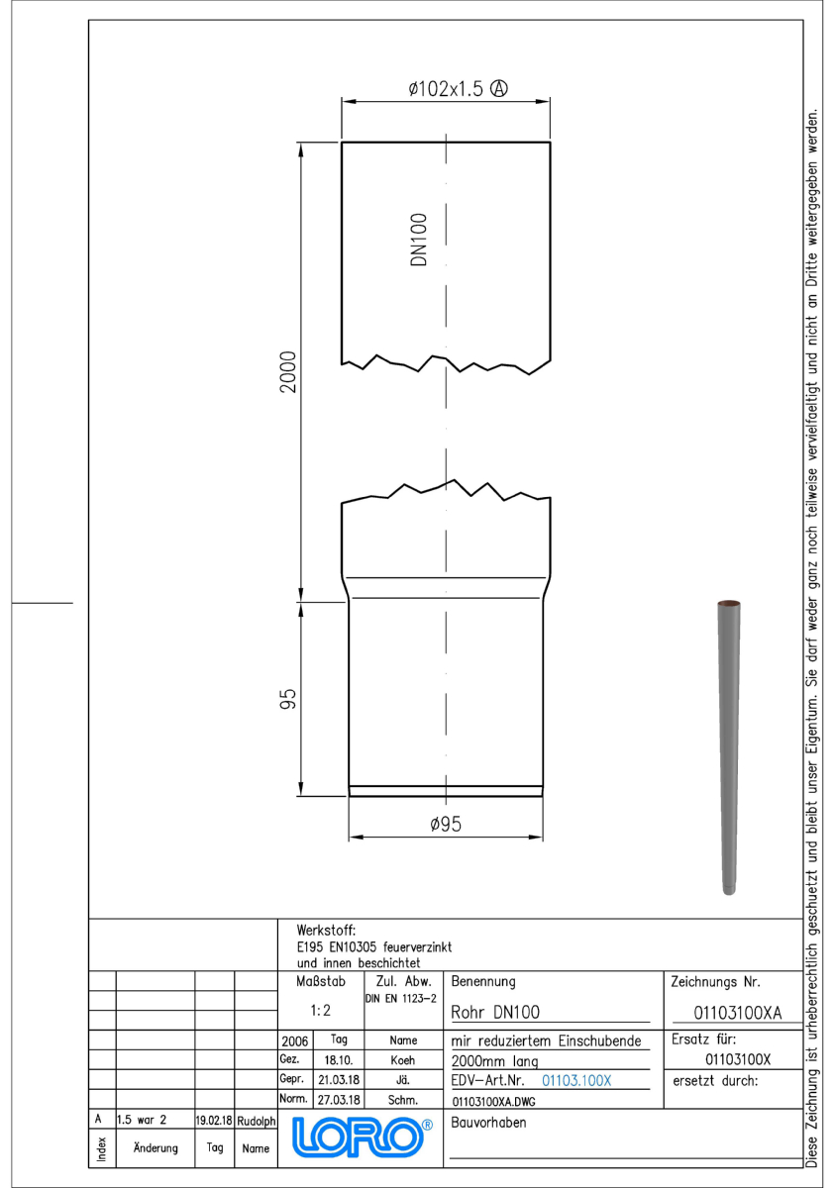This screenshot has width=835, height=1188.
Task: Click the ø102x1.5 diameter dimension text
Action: [x=446, y=88]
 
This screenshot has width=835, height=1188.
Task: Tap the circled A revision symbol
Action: [x=498, y=88]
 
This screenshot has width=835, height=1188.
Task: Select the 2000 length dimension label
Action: [x=288, y=371]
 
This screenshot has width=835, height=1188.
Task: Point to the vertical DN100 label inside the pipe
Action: [x=419, y=240]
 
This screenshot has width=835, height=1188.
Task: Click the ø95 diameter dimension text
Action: [x=446, y=824]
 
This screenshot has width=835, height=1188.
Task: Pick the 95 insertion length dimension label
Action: [x=287, y=699]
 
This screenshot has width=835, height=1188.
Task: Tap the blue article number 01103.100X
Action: [x=576, y=1080]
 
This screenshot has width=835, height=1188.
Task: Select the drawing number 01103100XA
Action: [x=737, y=1013]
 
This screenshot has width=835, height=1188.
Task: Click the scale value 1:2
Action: [x=320, y=1011]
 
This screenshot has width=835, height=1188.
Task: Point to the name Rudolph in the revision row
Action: [x=256, y=1121]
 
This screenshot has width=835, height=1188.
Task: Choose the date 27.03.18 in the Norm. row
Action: [x=339, y=1100]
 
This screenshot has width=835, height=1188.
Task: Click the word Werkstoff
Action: [x=326, y=931]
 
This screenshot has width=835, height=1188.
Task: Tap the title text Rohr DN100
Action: [x=495, y=1013]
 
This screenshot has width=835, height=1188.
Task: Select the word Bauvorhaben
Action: [x=488, y=1123]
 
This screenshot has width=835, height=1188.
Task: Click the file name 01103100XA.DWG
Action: [x=493, y=1102]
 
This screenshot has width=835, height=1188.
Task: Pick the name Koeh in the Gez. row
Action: [x=403, y=1060]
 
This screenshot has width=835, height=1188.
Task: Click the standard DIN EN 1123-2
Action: [x=400, y=999]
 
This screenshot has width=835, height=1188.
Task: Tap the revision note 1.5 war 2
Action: [x=142, y=1120]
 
